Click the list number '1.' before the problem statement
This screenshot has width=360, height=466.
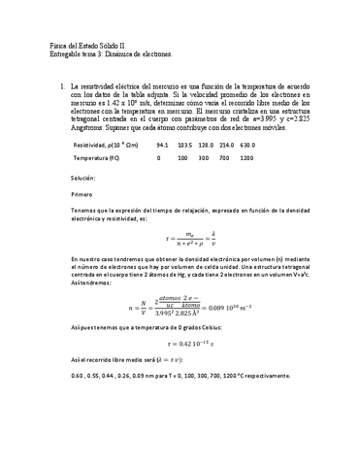[x=63, y=86]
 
